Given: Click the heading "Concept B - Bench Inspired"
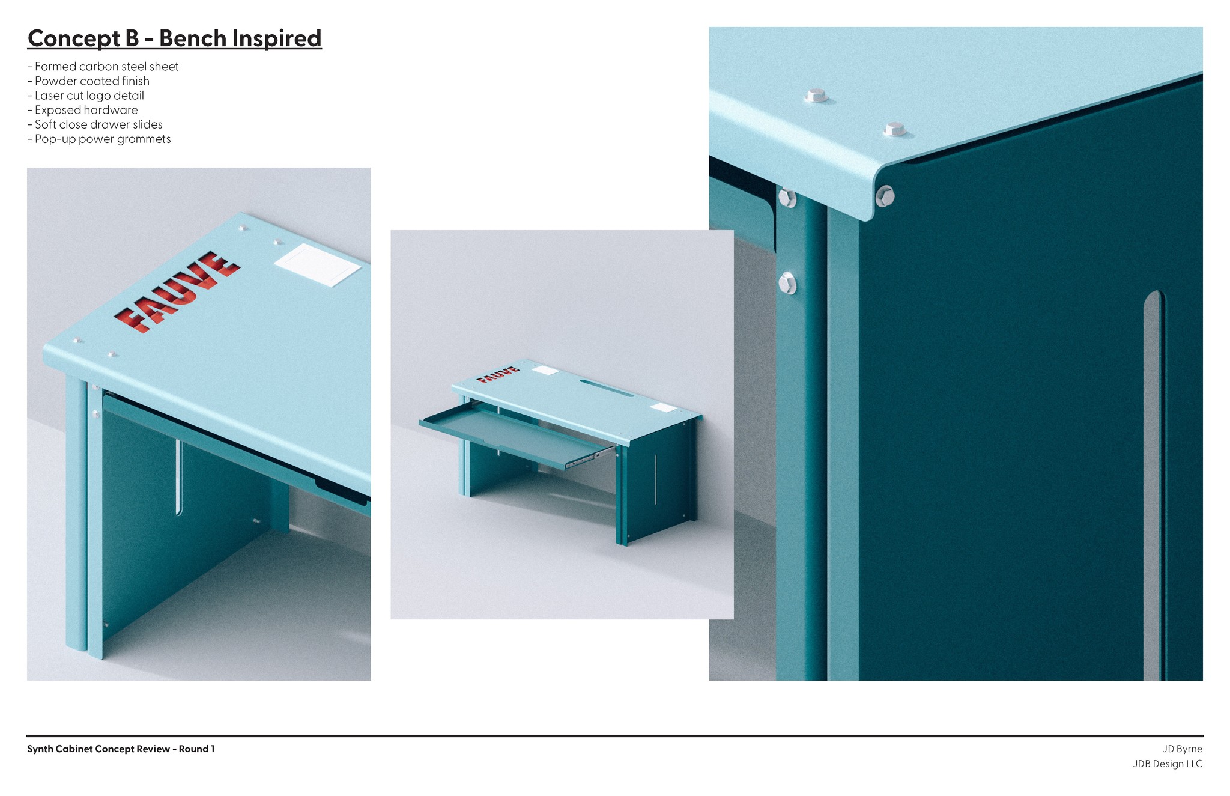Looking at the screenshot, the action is pyautogui.click(x=175, y=38).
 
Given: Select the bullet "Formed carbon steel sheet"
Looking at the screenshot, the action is pyautogui.click(x=103, y=67).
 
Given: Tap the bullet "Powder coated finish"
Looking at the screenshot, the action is pyautogui.click(x=89, y=81).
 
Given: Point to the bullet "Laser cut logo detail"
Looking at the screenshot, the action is pyautogui.click(x=86, y=96).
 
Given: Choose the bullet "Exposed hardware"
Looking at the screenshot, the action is pyautogui.click(x=83, y=110).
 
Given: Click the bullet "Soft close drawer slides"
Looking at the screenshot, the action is pyautogui.click(x=95, y=124).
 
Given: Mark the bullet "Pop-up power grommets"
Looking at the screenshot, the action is pyautogui.click(x=100, y=139).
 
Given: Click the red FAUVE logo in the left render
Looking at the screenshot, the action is pyautogui.click(x=178, y=291).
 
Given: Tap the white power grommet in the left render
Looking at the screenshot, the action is pyautogui.click(x=317, y=265).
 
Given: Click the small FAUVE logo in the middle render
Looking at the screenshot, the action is pyautogui.click(x=498, y=374).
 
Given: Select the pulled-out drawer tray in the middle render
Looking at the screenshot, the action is pyautogui.click(x=517, y=434).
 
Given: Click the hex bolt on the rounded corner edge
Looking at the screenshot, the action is pyautogui.click(x=885, y=196).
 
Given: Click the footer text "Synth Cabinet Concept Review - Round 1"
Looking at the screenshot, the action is pyautogui.click(x=121, y=749).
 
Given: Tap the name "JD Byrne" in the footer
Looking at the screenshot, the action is pyautogui.click(x=1183, y=749).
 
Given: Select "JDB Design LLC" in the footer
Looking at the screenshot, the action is pyautogui.click(x=1168, y=764).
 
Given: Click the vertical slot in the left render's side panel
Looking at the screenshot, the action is pyautogui.click(x=178, y=477).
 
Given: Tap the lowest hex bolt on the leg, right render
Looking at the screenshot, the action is pyautogui.click(x=787, y=283).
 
